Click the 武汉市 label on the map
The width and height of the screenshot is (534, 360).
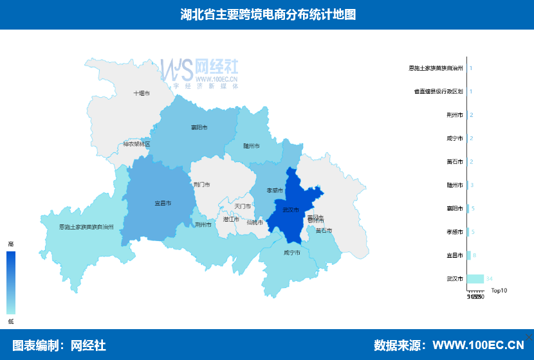(x=291, y=210)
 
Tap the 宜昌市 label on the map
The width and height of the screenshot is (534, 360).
(x=163, y=203)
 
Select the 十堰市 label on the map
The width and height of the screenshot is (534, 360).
(x=142, y=93)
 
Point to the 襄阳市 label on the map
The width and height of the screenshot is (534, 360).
(x=199, y=127)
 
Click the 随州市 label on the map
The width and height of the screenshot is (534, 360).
(x=252, y=147)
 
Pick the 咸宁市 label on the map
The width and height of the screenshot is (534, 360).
(x=292, y=253)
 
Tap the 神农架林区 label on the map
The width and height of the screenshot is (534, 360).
(x=136, y=144)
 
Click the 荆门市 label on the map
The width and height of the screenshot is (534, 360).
(x=202, y=184)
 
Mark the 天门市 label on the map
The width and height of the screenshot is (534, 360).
(x=243, y=206)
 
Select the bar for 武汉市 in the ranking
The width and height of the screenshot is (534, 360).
(x=475, y=279)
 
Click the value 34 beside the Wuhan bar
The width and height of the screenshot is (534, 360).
(x=490, y=279)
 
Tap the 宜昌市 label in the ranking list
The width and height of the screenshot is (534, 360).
(x=455, y=255)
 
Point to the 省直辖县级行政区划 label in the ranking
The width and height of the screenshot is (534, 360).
(x=439, y=91)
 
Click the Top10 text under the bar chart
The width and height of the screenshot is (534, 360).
(x=499, y=291)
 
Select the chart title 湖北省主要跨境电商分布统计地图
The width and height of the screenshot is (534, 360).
(x=267, y=14)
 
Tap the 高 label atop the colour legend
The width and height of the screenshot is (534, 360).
(x=10, y=244)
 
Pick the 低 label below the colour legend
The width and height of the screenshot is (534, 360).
(x=10, y=320)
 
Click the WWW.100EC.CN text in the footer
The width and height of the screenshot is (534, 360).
(x=478, y=345)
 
